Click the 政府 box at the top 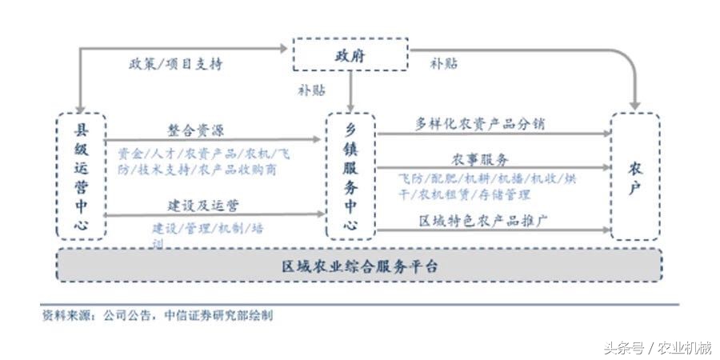pyautogui.click(x=350, y=54)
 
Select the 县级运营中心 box pyautogui.click(x=81, y=176)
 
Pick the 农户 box pyautogui.click(x=634, y=176)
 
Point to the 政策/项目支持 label pyautogui.click(x=174, y=64)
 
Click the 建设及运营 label pyautogui.click(x=202, y=206)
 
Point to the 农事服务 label pyautogui.click(x=480, y=159)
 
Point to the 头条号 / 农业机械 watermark pyautogui.click(x=657, y=348)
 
